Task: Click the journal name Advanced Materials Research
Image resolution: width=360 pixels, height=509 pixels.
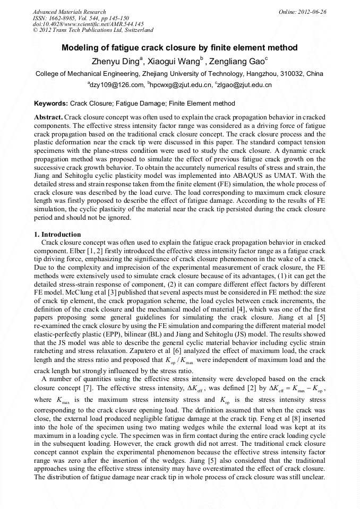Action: [69, 12]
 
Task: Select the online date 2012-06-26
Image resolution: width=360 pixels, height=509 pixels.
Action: [313, 12]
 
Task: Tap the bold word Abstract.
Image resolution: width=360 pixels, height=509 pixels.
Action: [48, 116]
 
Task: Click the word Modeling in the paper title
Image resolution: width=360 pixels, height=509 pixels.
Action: [81, 48]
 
